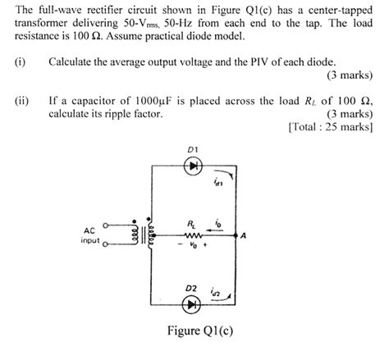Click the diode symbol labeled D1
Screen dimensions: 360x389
[x=194, y=166]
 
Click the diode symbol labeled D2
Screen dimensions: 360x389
[x=194, y=303]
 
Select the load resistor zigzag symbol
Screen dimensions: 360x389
[x=193, y=234]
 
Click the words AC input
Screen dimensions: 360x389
[x=91, y=235]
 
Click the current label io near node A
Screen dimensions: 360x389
[x=217, y=222]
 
